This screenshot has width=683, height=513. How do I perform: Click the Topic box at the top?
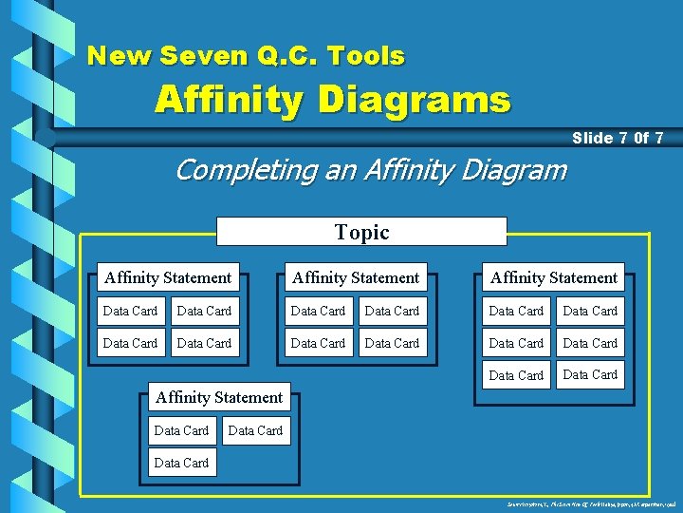361,232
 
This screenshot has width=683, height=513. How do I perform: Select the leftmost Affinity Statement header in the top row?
168,277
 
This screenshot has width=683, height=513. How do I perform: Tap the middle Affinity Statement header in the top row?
356,277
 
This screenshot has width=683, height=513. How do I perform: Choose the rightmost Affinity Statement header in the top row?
554,277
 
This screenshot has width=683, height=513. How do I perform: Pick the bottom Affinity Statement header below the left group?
219,397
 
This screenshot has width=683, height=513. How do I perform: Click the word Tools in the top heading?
365,56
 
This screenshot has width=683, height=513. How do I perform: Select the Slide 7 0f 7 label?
617,139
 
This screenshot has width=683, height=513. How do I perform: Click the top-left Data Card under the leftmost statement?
130,311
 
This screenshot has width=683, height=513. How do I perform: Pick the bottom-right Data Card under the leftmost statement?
204,343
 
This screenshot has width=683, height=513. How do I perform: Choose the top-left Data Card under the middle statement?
318,311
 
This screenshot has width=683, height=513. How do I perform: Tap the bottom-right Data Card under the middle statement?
392,343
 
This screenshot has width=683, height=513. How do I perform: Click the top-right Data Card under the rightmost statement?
590,311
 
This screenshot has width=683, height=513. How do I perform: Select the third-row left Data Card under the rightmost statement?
516,375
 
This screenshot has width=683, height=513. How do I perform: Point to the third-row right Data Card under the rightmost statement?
590,374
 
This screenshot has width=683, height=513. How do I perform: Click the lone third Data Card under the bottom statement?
181,463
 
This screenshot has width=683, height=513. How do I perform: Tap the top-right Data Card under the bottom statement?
255,430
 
